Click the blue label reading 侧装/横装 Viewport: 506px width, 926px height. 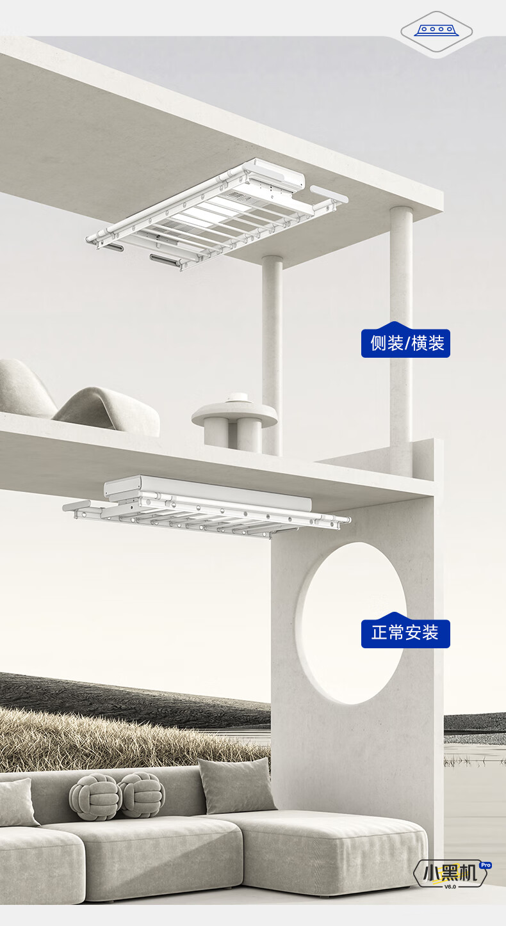click(405, 343)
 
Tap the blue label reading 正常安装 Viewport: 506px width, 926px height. click(405, 634)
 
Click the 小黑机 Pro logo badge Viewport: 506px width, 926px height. click(451, 873)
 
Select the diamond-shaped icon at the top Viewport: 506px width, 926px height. click(436, 31)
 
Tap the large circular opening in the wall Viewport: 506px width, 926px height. click(352, 623)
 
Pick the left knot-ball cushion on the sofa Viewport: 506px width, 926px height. click(95, 797)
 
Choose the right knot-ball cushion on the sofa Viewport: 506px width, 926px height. click(142, 794)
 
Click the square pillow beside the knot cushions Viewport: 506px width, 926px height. click(236, 785)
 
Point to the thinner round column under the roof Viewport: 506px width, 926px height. click(272, 352)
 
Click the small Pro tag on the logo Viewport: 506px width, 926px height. click(485, 865)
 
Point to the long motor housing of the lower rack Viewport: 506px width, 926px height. click(211, 490)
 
